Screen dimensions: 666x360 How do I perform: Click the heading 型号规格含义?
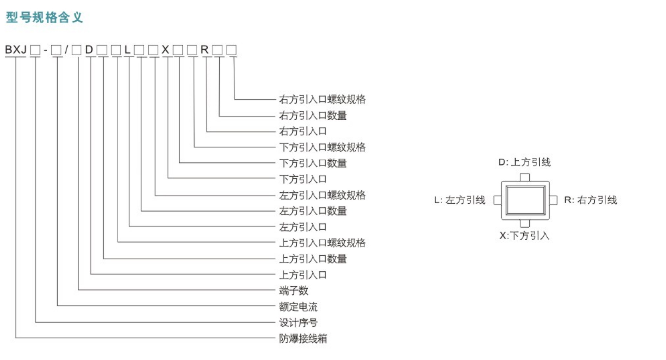[x=44, y=17]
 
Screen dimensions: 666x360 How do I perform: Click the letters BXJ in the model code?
[x=16, y=50]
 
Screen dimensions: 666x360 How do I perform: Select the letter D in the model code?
[x=89, y=50]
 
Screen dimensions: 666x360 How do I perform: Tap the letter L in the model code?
[x=127, y=50]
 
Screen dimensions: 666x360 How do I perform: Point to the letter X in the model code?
[x=165, y=50]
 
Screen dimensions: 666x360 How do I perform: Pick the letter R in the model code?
[x=204, y=50]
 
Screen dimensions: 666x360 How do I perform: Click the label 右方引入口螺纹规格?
[x=322, y=99]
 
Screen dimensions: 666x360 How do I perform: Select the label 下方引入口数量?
[x=313, y=163]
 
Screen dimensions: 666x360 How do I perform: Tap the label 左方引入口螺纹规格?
[x=322, y=195]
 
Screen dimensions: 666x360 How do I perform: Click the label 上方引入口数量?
[x=313, y=259]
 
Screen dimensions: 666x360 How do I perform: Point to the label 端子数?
[x=293, y=291]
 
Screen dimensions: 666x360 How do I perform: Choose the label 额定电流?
[x=298, y=307]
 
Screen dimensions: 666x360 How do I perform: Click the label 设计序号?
[x=298, y=322]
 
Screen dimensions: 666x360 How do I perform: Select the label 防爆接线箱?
[x=303, y=339]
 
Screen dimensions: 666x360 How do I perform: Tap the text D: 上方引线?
[x=524, y=162]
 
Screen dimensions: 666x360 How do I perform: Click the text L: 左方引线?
[x=460, y=200]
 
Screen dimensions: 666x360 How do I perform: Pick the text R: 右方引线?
[x=590, y=200]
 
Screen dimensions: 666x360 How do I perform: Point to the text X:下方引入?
[x=524, y=236]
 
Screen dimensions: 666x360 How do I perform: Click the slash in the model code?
[x=66, y=50]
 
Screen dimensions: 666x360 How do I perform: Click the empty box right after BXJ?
[x=35, y=50]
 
